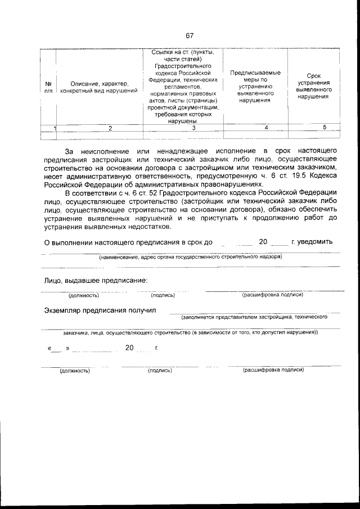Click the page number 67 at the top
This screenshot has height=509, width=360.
coord(190,36)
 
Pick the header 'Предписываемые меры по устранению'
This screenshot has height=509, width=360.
coord(255,87)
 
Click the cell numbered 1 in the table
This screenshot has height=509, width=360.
coord(55,128)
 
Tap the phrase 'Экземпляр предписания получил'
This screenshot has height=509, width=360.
coord(100,310)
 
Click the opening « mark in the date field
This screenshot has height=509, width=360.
coord(51,348)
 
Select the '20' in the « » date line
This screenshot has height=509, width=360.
coord(129,348)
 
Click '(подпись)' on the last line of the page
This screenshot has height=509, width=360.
coord(160,371)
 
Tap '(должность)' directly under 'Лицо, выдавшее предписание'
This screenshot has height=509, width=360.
coord(83,295)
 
